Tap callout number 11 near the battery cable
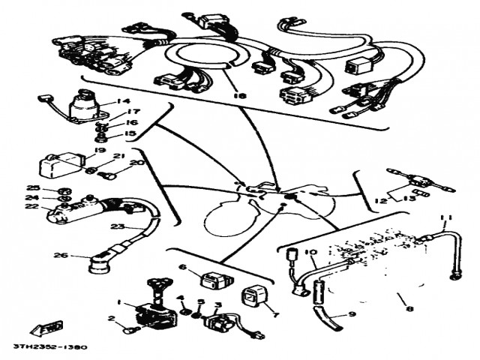[447, 218]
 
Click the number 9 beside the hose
[353, 314]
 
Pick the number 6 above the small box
[181, 266]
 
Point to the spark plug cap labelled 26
[97, 263]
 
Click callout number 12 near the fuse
[380, 200]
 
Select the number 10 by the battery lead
[311, 252]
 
